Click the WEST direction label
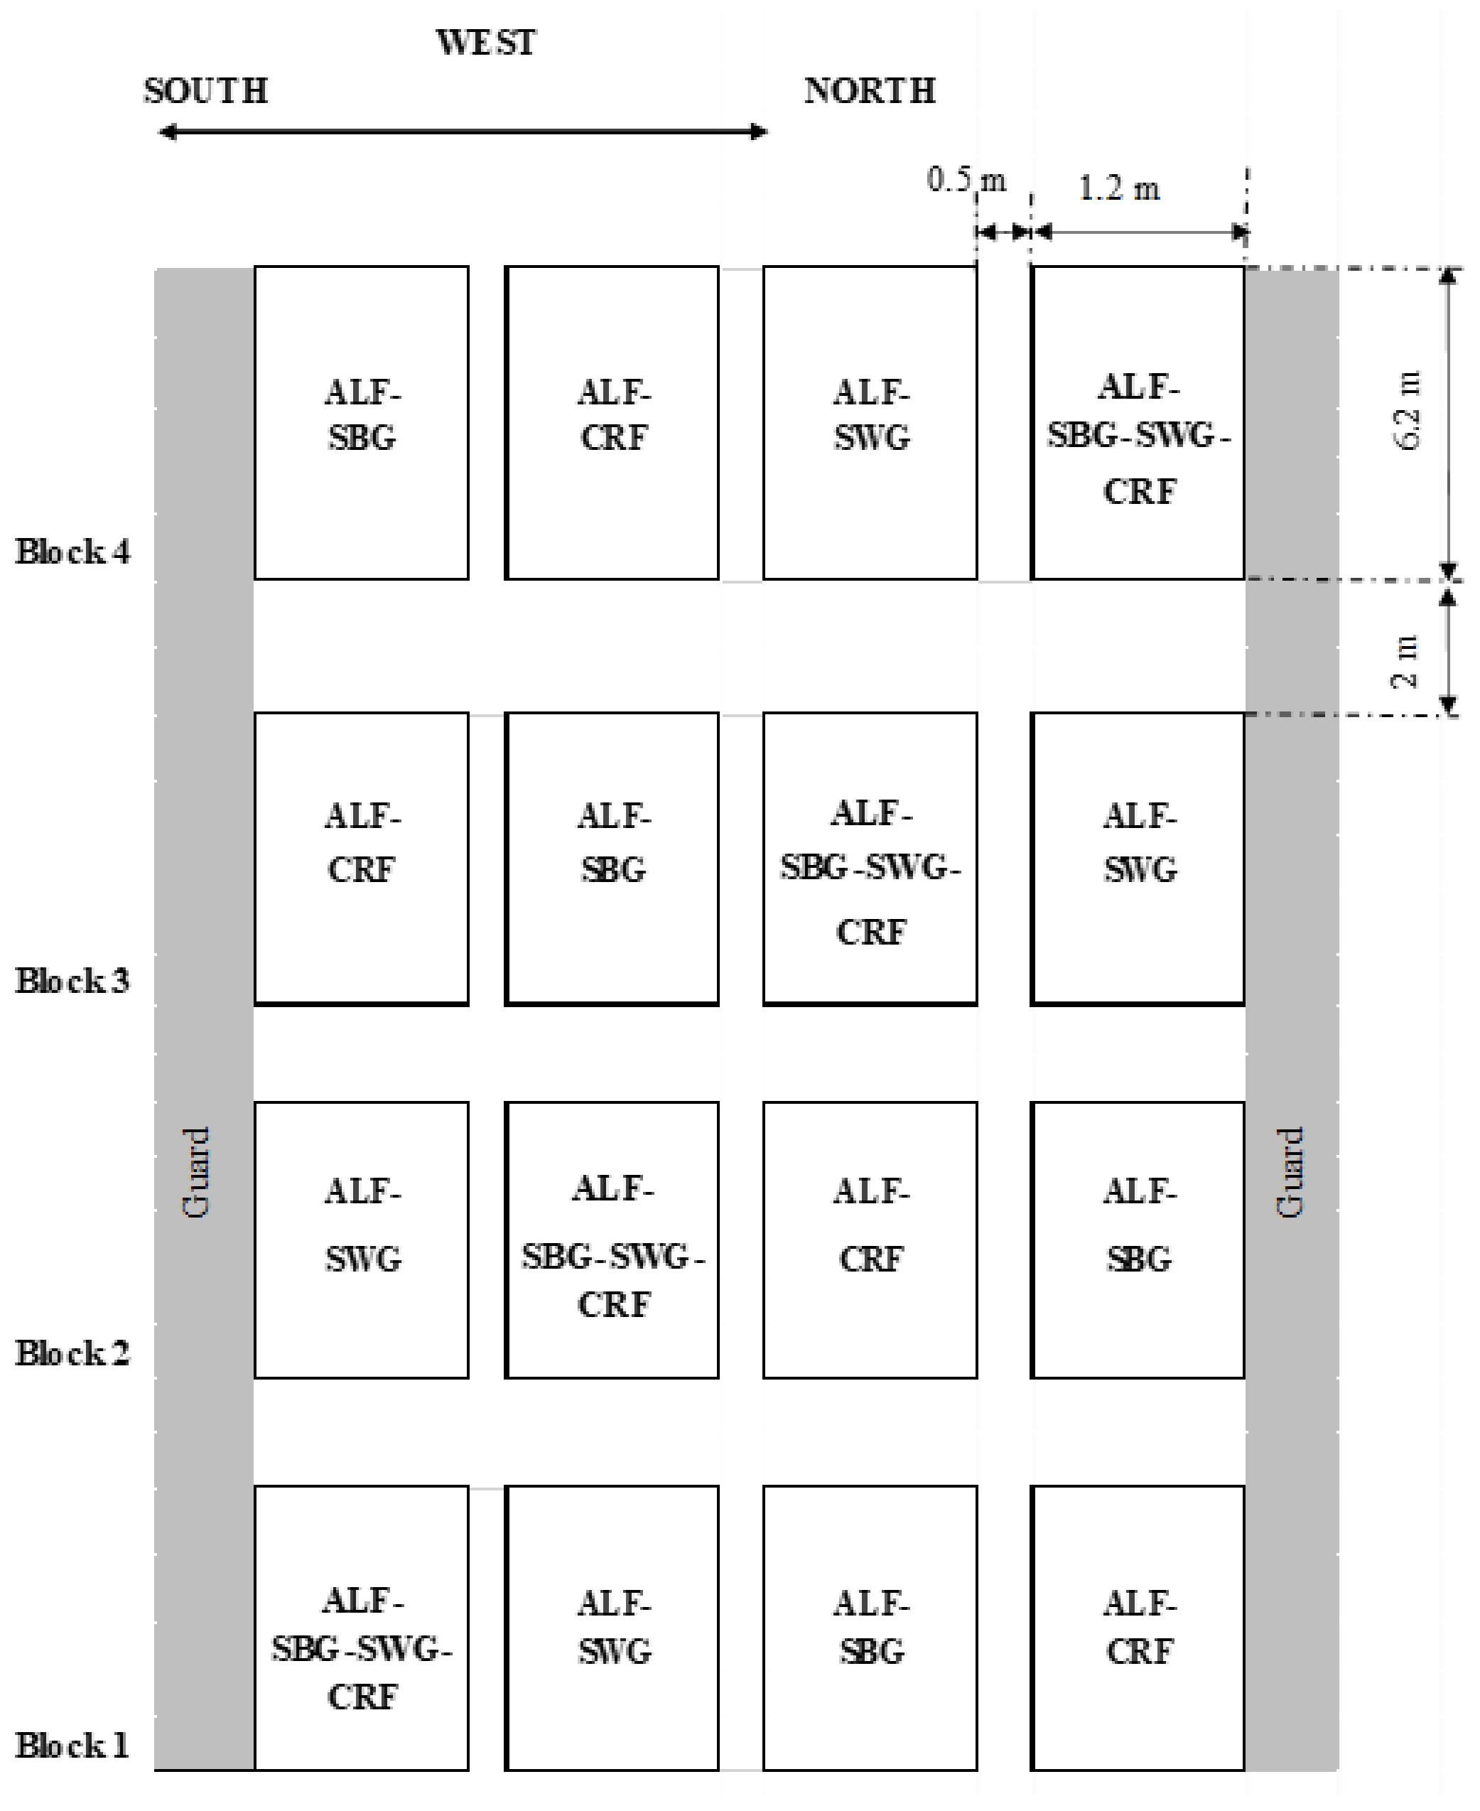click(486, 43)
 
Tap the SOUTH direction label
click(205, 91)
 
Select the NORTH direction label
click(870, 91)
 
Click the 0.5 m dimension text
click(966, 180)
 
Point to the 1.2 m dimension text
click(1118, 188)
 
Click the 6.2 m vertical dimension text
click(1407, 410)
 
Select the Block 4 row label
click(72, 552)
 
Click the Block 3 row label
click(72, 981)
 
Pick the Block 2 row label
click(72, 1353)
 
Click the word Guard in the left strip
click(196, 1171)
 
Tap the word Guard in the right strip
click(1290, 1171)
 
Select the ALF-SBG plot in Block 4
click(362, 423)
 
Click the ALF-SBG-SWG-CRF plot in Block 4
click(1138, 423)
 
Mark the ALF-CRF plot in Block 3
click(362, 859)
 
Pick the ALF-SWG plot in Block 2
click(362, 1240)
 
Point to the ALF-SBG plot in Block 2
click(1138, 1240)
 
